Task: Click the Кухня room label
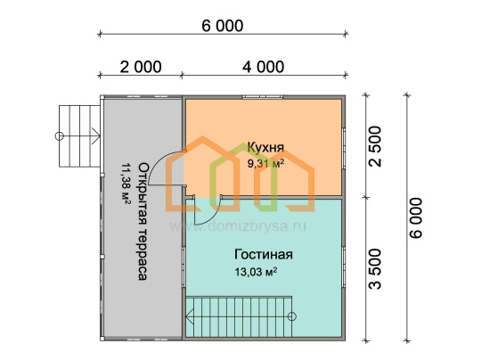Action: (265, 147)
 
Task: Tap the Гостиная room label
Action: (264, 255)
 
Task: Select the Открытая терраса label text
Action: (143, 221)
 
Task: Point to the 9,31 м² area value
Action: (265, 163)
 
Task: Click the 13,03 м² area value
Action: (257, 272)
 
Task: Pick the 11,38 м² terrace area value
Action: (126, 184)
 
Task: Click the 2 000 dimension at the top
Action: (141, 67)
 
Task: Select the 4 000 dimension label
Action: (263, 67)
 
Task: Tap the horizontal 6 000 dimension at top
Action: (223, 26)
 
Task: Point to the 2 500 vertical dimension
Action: (375, 146)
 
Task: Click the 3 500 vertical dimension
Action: (375, 269)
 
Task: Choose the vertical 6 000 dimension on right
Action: (416, 218)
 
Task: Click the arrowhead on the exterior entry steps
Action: (96, 135)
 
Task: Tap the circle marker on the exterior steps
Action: (59, 135)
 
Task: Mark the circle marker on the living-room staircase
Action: (292, 316)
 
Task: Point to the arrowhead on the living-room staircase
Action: (189, 316)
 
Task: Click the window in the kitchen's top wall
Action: (262, 97)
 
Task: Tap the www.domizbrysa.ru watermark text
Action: (238, 227)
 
